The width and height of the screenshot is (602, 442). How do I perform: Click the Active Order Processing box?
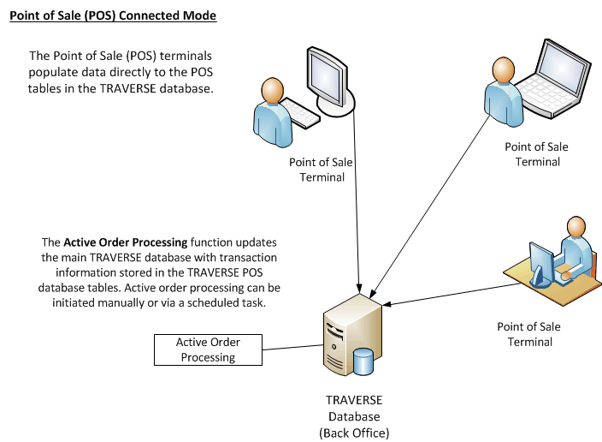pos(208,349)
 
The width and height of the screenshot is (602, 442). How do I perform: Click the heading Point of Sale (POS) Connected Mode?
pos(113,16)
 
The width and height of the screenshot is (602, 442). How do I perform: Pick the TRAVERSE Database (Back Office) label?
pos(354,416)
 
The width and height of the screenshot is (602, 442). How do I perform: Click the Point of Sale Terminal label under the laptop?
pos(536,154)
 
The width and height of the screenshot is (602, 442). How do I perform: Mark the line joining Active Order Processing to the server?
pos(291,347)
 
